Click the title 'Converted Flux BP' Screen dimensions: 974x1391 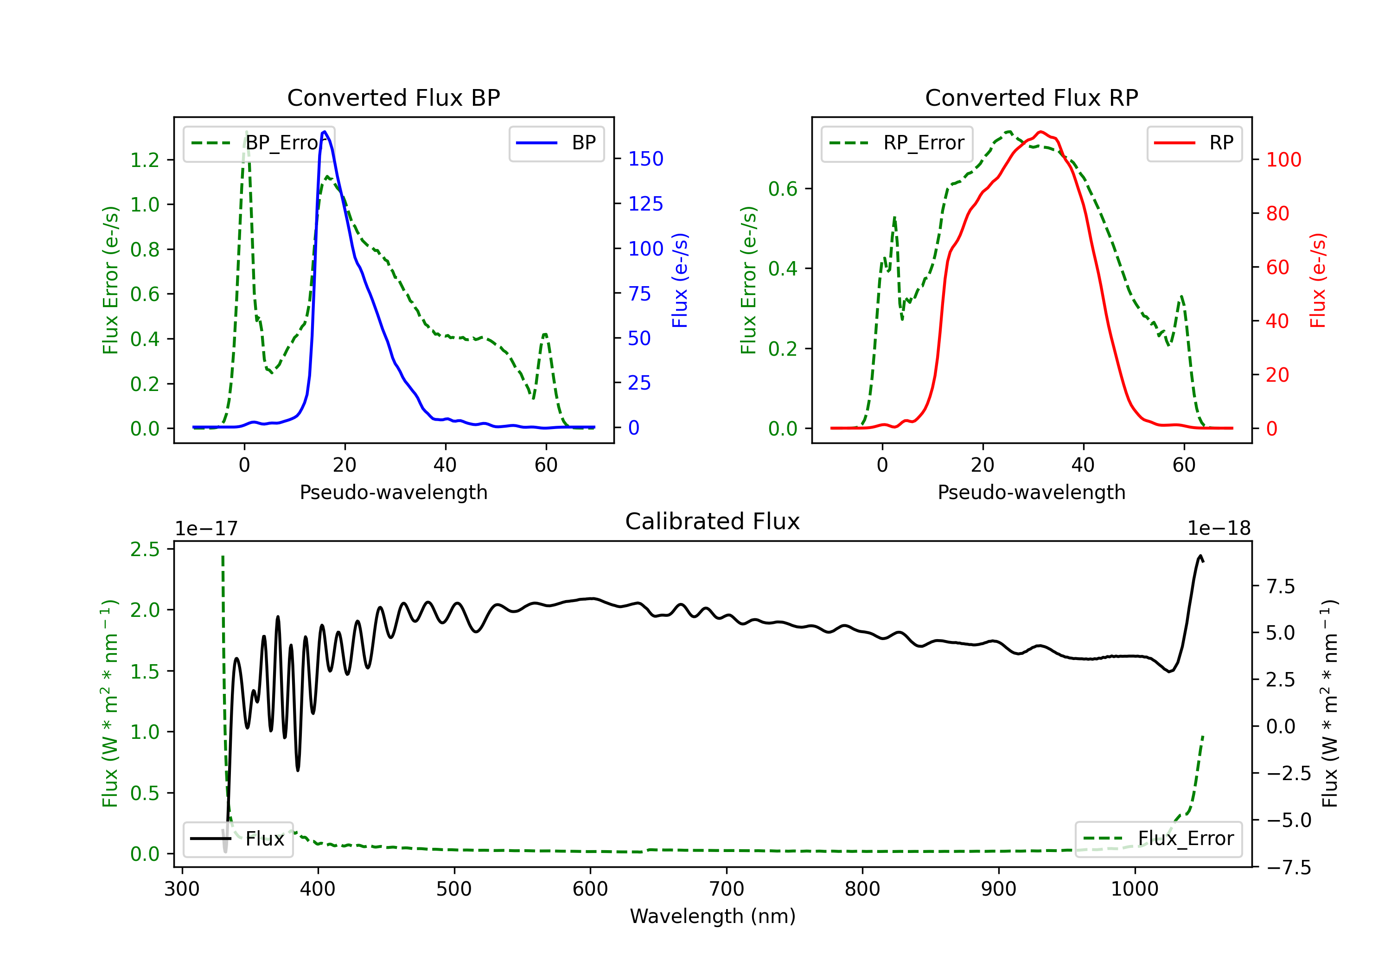[x=393, y=97]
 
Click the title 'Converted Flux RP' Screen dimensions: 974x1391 [x=1031, y=97]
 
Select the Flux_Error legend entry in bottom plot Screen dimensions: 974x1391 [x=1158, y=839]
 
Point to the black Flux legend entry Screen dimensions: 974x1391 [x=238, y=839]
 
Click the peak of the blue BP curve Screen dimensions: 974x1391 [x=325, y=132]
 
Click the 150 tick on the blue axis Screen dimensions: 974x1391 [x=645, y=159]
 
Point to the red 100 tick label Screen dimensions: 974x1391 [x=1283, y=160]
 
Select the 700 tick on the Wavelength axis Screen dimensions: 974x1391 [x=727, y=889]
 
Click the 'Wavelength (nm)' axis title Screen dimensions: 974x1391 [x=713, y=916]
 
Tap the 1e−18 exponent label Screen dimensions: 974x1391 [x=1219, y=529]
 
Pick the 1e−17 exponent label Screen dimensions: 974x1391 [x=207, y=529]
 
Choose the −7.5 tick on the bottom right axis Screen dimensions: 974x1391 [x=1288, y=868]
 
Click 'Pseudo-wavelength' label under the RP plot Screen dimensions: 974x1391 [x=1031, y=492]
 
